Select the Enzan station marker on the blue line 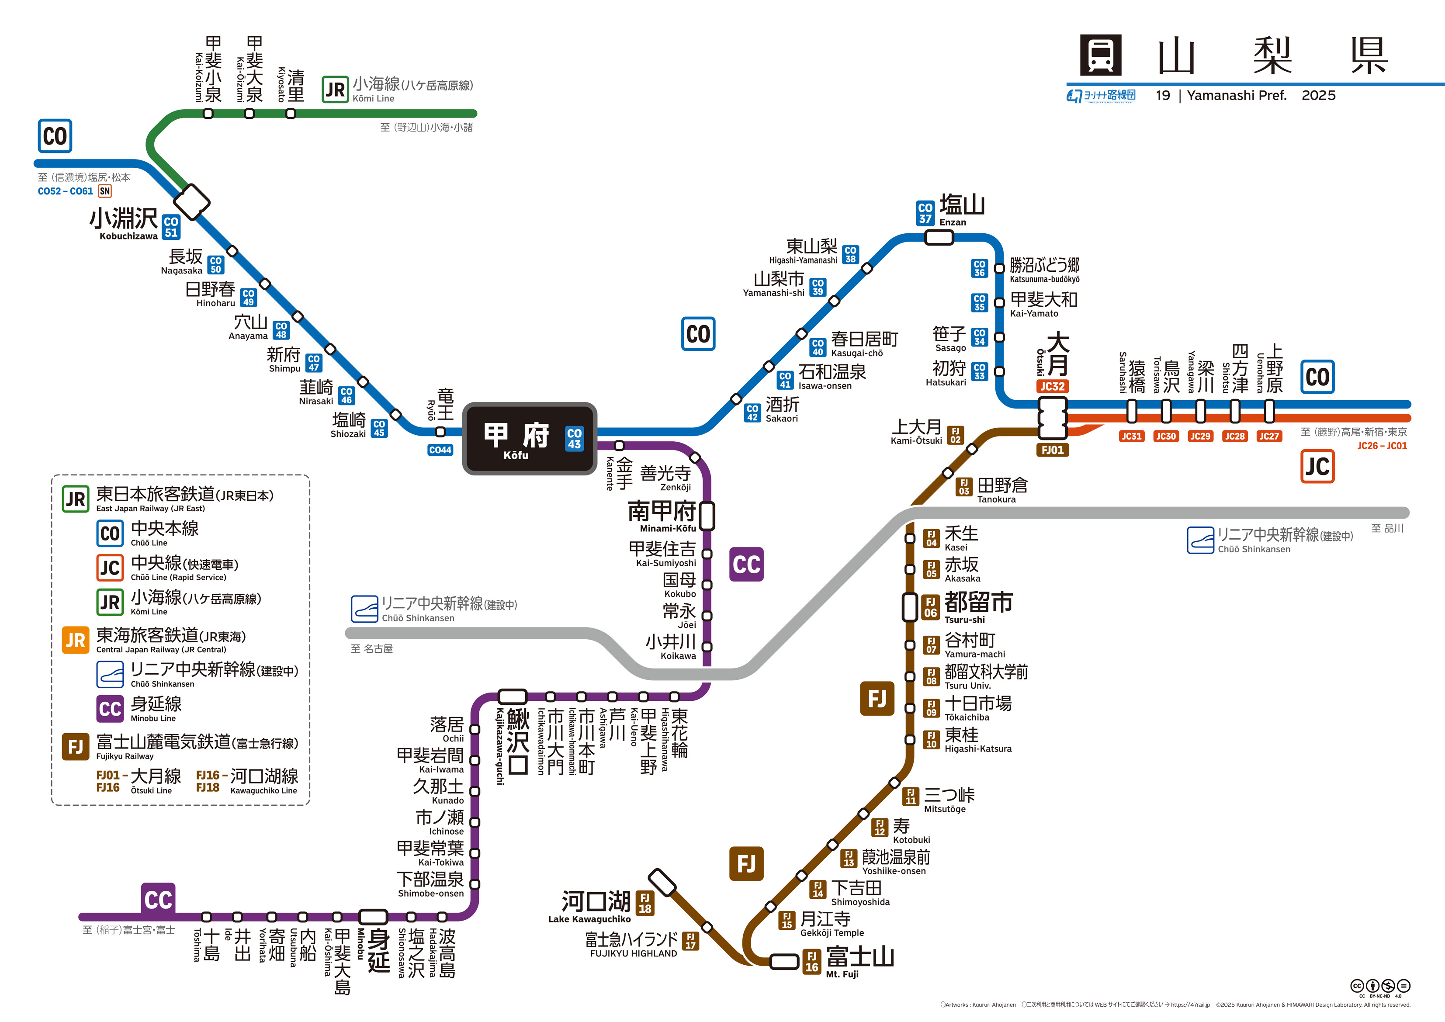939,237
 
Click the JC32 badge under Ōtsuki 1052,386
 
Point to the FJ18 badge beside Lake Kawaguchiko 645,903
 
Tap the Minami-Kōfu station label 662,516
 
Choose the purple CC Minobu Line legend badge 110,709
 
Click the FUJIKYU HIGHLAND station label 633,944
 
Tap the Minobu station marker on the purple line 373,916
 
